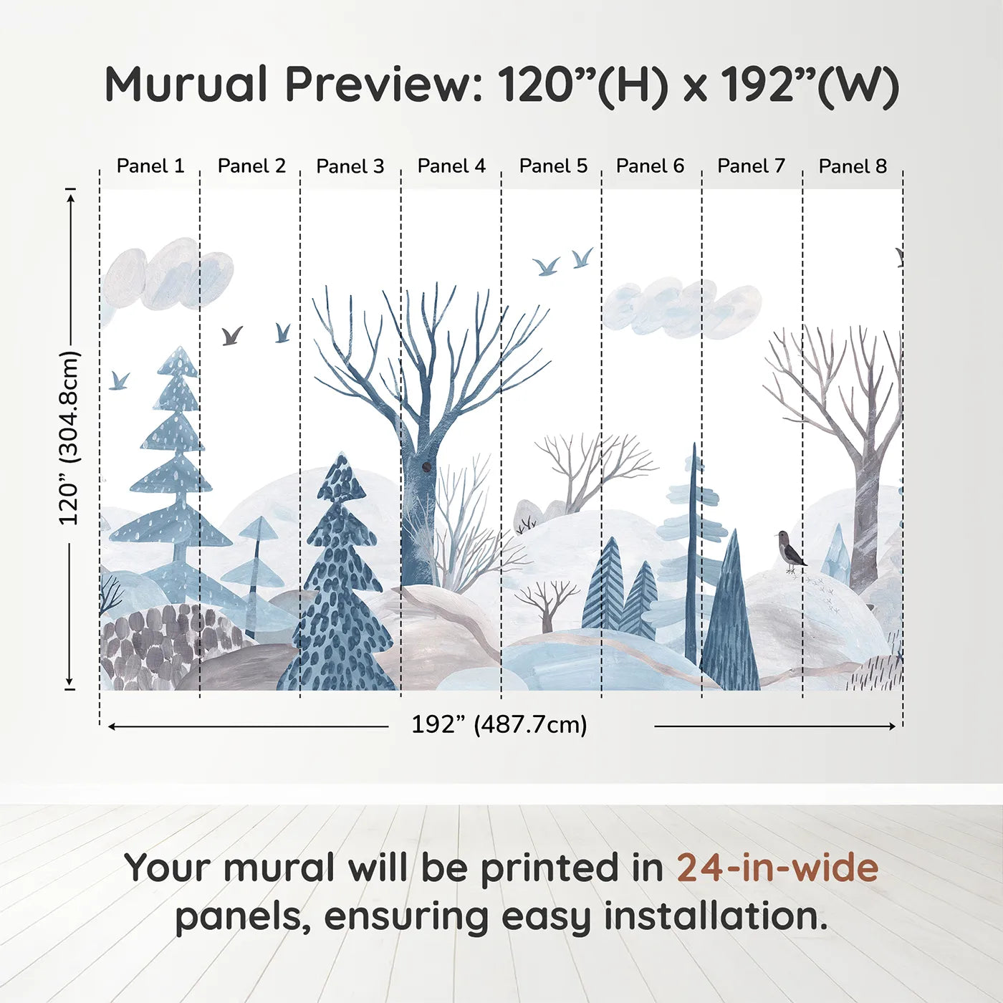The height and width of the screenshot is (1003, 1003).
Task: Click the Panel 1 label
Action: click(150, 166)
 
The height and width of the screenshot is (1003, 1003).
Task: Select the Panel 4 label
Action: click(451, 166)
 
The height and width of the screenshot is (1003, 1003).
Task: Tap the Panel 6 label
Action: click(650, 166)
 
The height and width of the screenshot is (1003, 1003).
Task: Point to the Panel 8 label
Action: click(853, 166)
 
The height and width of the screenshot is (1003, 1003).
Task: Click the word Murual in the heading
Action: click(186, 85)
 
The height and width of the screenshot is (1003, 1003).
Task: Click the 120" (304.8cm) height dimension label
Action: click(69, 438)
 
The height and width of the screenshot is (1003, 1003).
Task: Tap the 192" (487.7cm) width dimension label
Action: click(499, 725)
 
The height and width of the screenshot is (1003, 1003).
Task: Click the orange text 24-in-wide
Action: click(777, 868)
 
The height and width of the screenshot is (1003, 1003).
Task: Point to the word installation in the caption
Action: click(714, 916)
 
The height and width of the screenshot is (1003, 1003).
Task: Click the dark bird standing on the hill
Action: click(790, 551)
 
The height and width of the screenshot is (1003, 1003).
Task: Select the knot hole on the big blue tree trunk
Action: click(427, 467)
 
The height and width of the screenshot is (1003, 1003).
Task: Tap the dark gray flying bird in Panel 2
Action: click(231, 335)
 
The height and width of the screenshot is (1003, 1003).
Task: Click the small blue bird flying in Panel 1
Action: click(119, 380)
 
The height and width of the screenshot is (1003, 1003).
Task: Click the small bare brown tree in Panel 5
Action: click(547, 603)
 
